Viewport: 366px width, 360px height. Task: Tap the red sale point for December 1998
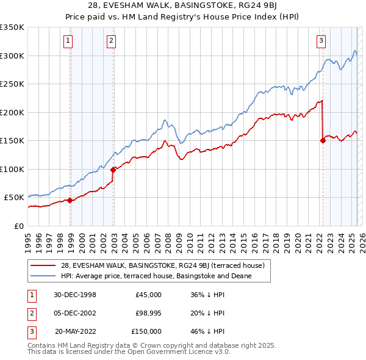(x=70, y=200)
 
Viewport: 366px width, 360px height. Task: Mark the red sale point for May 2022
(x=323, y=140)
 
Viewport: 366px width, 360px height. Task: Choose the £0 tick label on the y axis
(x=18, y=226)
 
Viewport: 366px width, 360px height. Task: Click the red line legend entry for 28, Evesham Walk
(x=162, y=265)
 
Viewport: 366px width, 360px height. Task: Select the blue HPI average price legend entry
(x=156, y=276)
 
